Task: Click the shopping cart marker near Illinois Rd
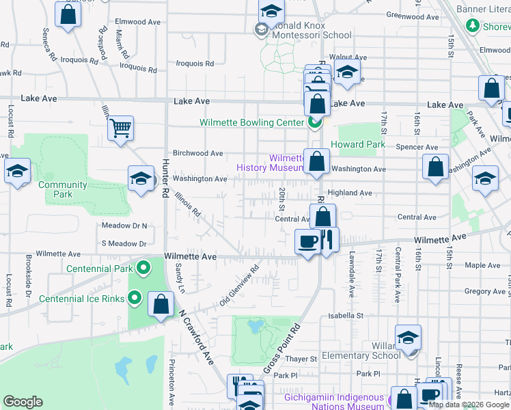pyautogui.click(x=120, y=127)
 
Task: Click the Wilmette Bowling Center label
pyautogui.click(x=251, y=123)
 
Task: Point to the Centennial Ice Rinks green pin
pyautogui.click(x=135, y=298)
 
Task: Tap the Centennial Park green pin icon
pyautogui.click(x=143, y=267)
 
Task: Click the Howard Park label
pyautogui.click(x=358, y=145)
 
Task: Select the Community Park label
pyautogui.click(x=62, y=189)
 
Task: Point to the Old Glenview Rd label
pyautogui.click(x=239, y=286)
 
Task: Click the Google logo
pyautogui.click(x=23, y=402)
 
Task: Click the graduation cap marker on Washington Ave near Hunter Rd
pyautogui.click(x=141, y=179)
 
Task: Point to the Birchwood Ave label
pyautogui.click(x=198, y=153)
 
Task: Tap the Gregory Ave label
pyautogui.click(x=484, y=292)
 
